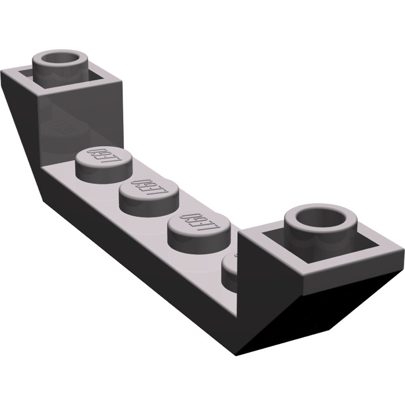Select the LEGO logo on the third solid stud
click(197, 220)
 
